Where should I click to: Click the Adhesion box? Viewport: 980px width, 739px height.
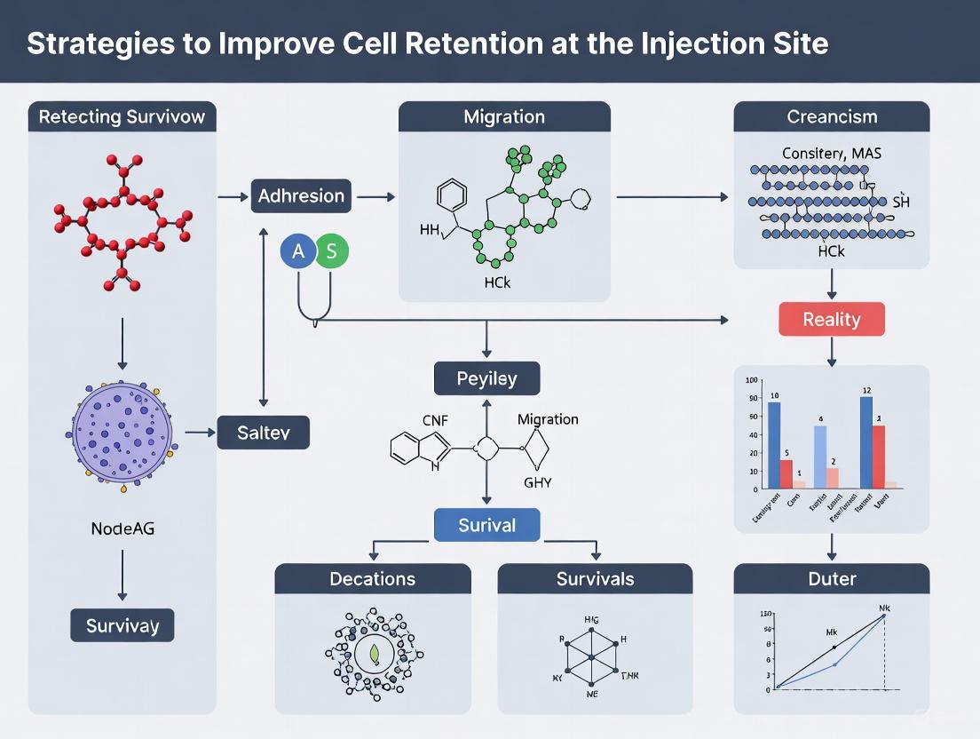point(301,196)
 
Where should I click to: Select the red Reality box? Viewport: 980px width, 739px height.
point(831,319)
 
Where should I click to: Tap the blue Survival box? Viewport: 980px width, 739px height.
point(486,525)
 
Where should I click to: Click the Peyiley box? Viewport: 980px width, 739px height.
point(486,378)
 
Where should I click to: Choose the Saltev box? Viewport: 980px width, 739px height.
point(263,433)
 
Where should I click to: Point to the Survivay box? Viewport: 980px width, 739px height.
point(122,625)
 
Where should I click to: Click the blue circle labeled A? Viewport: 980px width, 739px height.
point(298,251)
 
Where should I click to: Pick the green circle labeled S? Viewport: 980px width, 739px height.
point(331,251)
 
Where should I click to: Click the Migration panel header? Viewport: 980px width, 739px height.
point(504,117)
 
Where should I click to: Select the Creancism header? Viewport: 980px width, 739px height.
point(831,117)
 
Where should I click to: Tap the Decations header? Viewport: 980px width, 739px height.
point(372,579)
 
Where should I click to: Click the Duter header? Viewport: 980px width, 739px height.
point(831,579)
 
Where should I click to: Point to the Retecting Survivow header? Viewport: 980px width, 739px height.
point(122,117)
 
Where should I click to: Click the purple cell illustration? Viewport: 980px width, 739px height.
point(122,440)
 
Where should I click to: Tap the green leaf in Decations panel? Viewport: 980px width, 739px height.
point(374,655)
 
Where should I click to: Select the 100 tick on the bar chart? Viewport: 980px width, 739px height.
point(752,380)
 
